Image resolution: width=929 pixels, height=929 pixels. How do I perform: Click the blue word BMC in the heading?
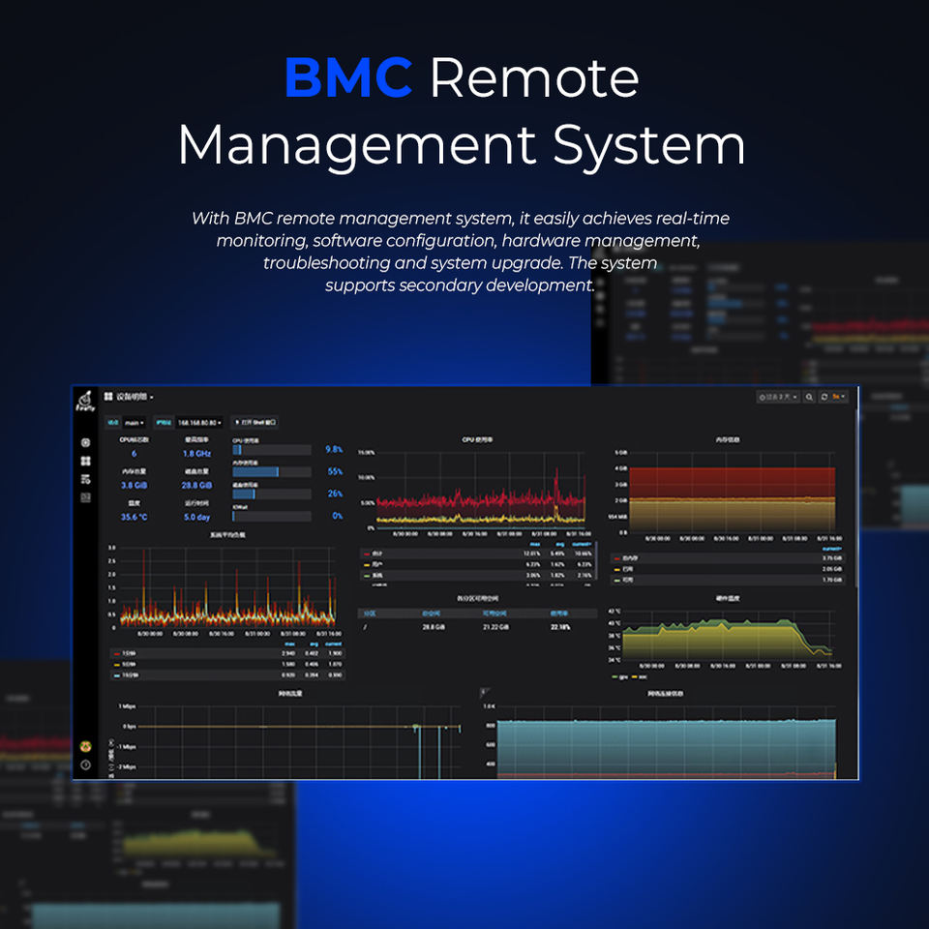[x=348, y=78]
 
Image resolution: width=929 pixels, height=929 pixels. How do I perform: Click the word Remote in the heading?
[x=533, y=78]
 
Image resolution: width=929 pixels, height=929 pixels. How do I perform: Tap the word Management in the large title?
[x=356, y=144]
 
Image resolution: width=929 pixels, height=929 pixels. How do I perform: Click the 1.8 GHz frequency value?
[x=196, y=453]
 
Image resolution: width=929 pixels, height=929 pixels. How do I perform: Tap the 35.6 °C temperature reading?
[x=134, y=517]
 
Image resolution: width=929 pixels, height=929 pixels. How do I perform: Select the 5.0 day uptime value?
[x=196, y=517]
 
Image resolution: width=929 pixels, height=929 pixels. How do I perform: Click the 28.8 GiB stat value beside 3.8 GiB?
[x=196, y=485]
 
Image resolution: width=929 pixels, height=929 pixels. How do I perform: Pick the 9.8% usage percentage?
[x=334, y=450]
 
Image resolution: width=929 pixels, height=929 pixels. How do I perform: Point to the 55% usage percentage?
[x=335, y=471]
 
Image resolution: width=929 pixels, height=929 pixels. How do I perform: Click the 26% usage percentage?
[x=335, y=494]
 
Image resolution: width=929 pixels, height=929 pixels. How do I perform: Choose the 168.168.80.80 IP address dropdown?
[x=200, y=423]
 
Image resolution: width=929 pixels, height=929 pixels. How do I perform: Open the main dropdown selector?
[x=134, y=423]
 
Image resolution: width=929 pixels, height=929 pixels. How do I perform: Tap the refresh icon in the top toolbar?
[x=824, y=397]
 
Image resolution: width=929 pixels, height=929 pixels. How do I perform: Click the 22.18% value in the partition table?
[x=560, y=627]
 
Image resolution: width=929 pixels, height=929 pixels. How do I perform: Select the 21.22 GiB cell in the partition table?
[x=495, y=627]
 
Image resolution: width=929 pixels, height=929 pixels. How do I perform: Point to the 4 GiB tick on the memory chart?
[x=621, y=468]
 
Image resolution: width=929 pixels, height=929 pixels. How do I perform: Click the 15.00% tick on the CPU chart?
[x=367, y=452]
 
